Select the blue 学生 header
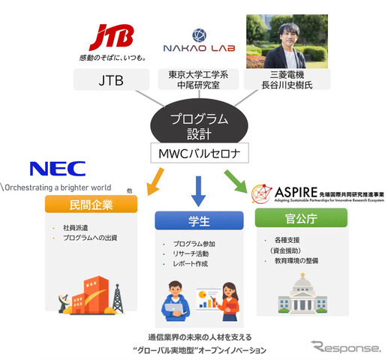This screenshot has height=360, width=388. pyautogui.click(x=199, y=223)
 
